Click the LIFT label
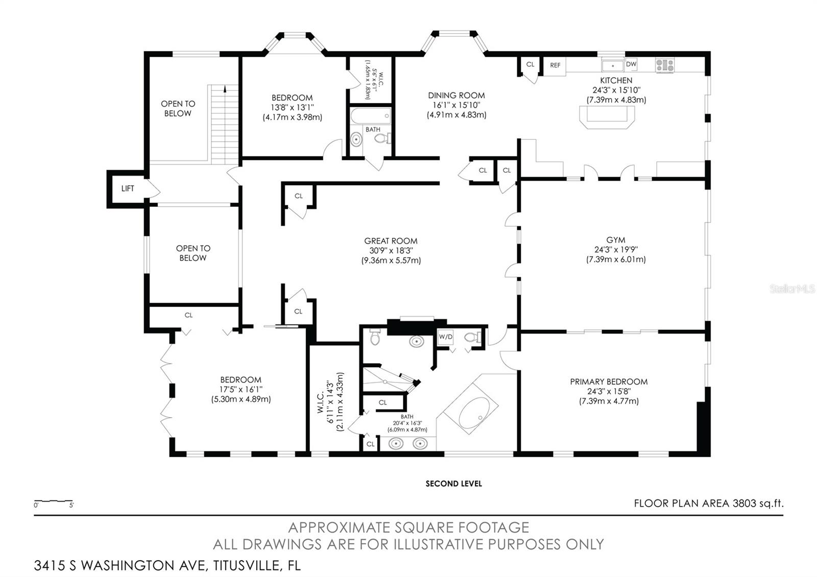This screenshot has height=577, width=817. coord(128,188)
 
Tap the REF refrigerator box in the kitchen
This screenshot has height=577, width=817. coord(555,66)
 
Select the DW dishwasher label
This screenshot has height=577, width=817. coord(631,64)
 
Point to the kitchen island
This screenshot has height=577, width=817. coord(607,117)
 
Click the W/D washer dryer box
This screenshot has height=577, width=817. coord(445,337)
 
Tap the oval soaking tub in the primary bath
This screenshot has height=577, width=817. coord(474,413)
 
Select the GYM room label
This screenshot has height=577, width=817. coord(616,240)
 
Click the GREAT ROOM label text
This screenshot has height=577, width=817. coord(391,241)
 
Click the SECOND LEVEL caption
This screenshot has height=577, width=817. coord(454,484)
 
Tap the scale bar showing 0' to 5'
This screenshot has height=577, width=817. coord(54,503)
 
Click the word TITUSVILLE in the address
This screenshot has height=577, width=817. coord(247,565)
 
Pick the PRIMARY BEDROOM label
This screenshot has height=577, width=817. coord(609,382)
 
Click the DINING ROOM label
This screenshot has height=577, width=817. coord(456,95)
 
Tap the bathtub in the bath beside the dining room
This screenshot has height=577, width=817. coord(371,116)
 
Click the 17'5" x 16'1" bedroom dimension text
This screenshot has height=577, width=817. coord(241,390)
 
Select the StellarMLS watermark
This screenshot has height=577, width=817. coord(792,289)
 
